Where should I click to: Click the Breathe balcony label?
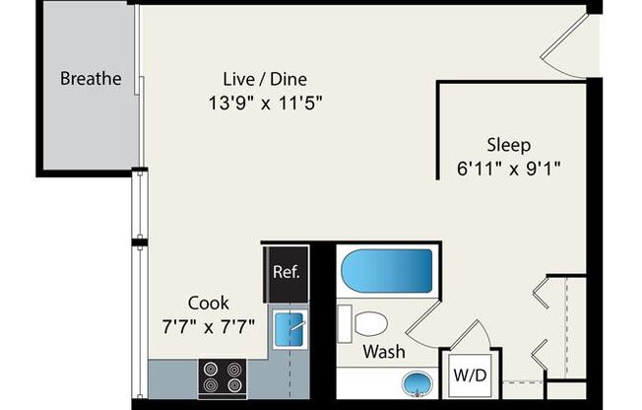coord(91,78)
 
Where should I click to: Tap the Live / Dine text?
coord(265,79)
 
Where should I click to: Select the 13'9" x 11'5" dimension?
coord(265,102)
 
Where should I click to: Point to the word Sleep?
coord(508,145)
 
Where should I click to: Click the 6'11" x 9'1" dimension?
coord(508,169)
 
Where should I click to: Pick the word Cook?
coord(209,303)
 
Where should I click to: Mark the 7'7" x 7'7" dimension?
coord(209,327)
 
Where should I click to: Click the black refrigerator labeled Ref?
coord(286,274)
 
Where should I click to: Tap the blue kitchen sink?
coord(289,329)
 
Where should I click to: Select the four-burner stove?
coord(223,378)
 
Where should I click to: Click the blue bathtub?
coord(387,271)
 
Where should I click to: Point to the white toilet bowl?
coord(370,323)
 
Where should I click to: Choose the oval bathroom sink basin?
coord(417,383)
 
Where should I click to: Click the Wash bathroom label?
coord(384,352)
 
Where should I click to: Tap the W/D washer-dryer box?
coord(470,376)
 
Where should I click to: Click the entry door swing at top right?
coord(566,46)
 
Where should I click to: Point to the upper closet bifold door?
coord(541,293)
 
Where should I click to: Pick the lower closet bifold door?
coord(541,355)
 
